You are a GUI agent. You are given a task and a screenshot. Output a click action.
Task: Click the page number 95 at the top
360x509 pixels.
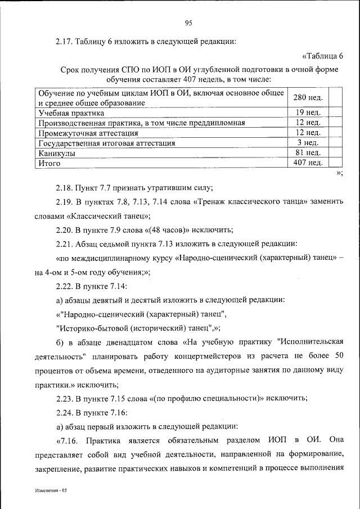tap(188, 22)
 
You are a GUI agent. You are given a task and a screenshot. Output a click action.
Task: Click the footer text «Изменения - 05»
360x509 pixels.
tap(49, 490)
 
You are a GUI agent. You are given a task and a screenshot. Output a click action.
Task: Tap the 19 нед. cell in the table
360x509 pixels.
tap(308, 112)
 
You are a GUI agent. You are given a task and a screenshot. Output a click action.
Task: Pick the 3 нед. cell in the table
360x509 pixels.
tap(308, 142)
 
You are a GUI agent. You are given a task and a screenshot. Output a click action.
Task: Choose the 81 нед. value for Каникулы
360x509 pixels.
tap(308, 152)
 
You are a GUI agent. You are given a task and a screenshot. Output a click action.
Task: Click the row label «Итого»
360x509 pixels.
tap(49, 164)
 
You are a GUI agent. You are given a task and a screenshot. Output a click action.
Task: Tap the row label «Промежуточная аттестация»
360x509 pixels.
tap(88, 133)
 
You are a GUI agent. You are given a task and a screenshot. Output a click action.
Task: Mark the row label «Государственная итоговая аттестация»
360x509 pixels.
tap(106, 143)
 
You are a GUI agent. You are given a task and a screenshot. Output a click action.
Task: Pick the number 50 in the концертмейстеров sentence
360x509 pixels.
tap(337, 357)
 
